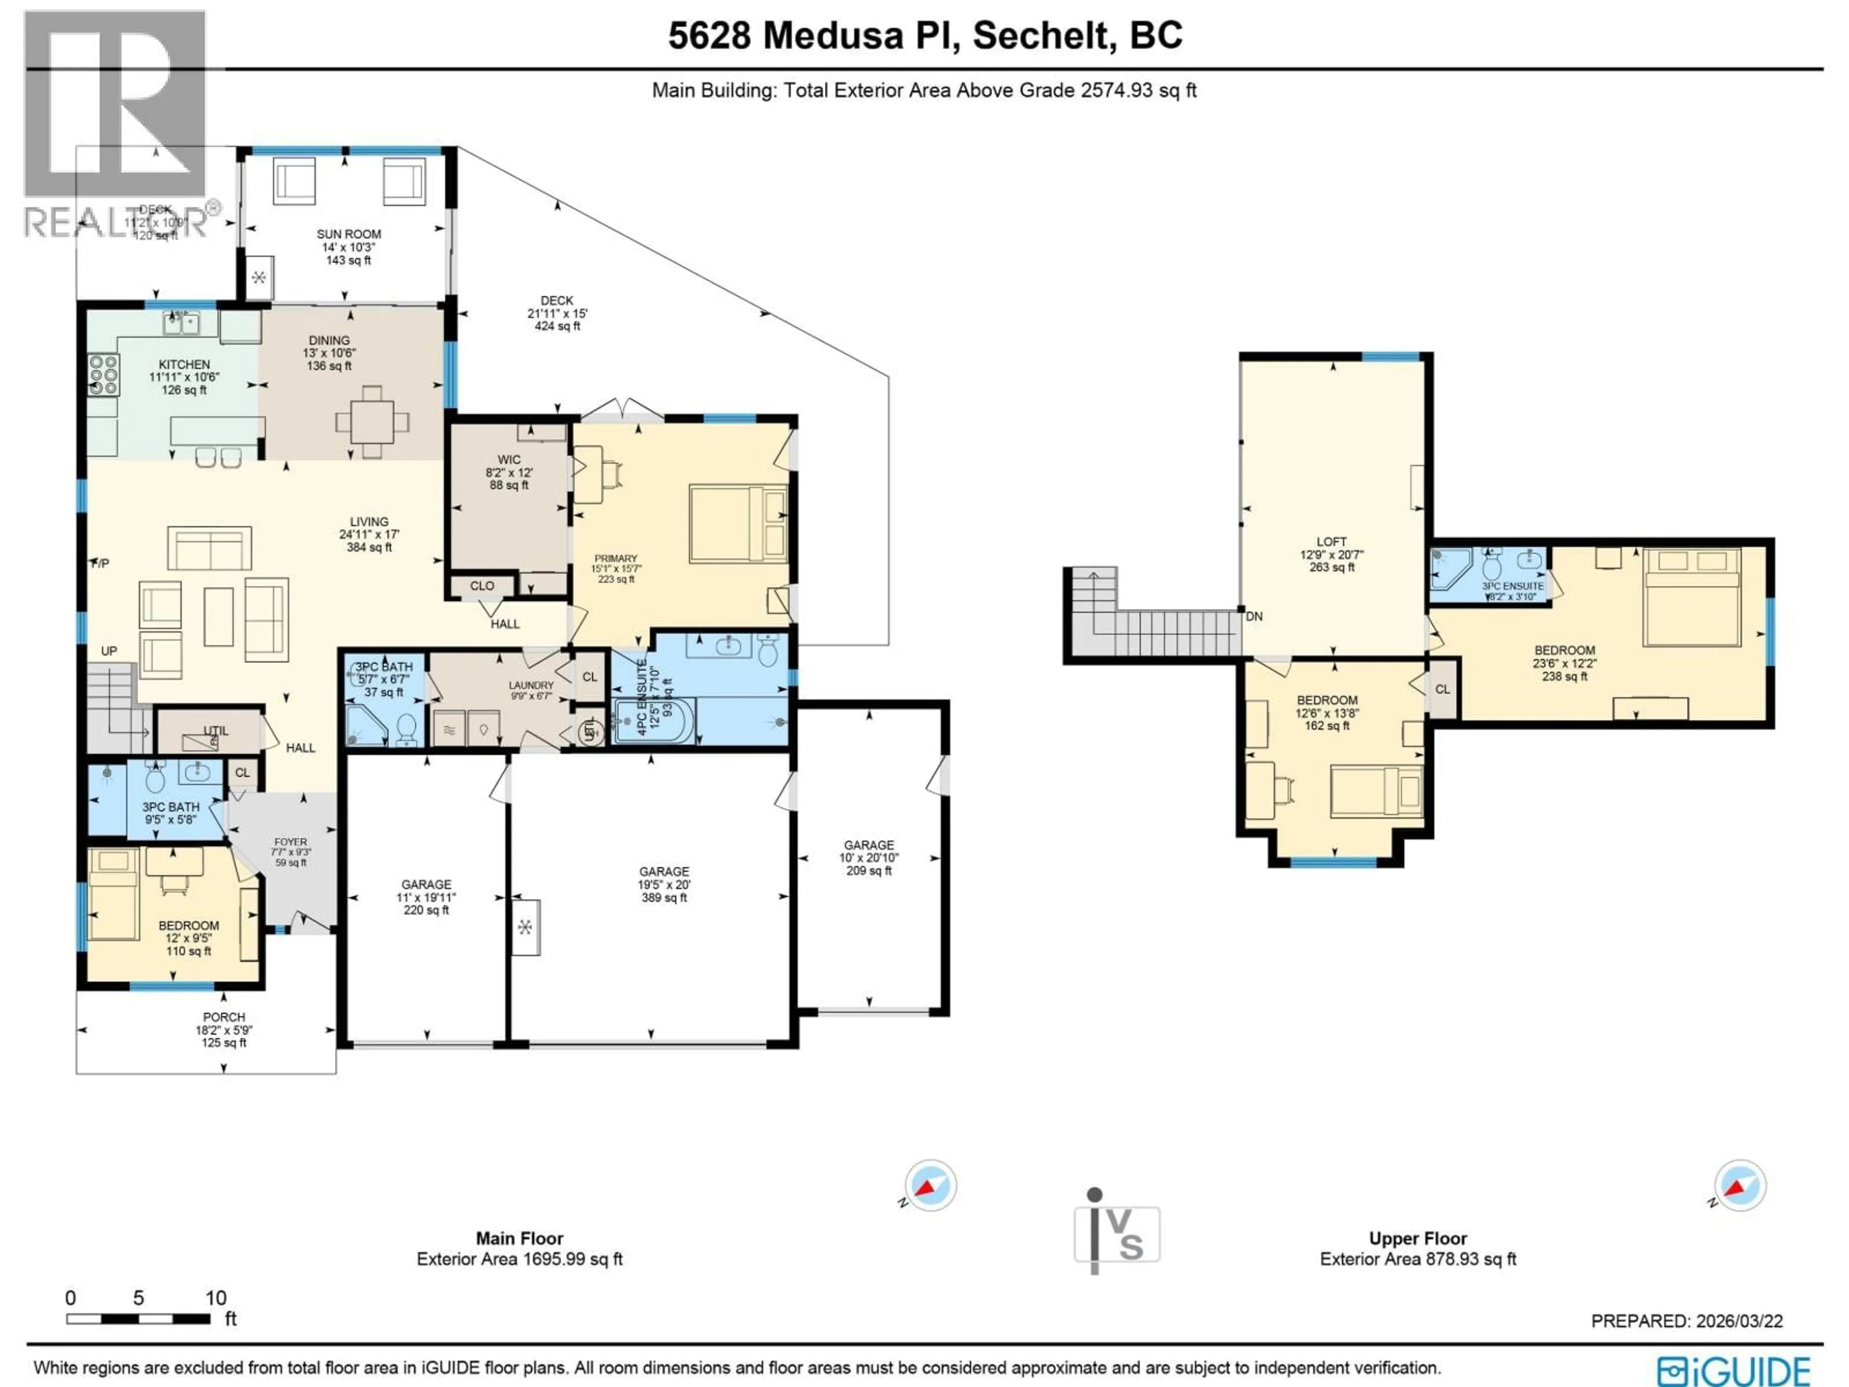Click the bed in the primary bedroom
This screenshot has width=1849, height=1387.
tap(738, 523)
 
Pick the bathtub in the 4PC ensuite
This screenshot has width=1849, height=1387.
tap(654, 721)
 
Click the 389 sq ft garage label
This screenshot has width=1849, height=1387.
tap(664, 884)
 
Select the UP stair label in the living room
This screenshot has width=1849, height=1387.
tap(109, 651)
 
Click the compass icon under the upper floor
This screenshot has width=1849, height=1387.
tap(1740, 1185)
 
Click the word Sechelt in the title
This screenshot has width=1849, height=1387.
tap(1045, 35)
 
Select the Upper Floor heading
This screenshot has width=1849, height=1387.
tap(1418, 1238)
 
